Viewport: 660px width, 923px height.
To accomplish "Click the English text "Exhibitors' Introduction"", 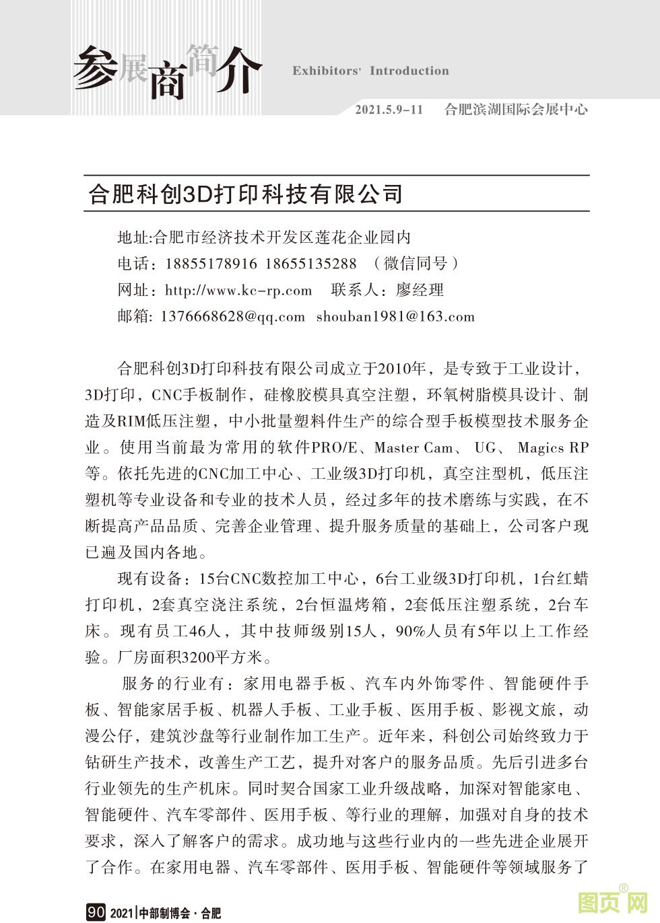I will pyautogui.click(x=370, y=71).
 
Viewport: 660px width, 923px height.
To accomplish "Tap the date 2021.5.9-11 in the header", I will pyautogui.click(x=389, y=109).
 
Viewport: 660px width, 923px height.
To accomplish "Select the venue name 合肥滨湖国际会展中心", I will pyautogui.click(x=516, y=109).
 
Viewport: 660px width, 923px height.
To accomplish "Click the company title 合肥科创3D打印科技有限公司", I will pyautogui.click(x=246, y=194).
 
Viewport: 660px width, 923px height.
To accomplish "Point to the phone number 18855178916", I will pyautogui.click(x=211, y=264).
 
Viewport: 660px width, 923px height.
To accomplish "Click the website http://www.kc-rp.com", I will pyautogui.click(x=238, y=291).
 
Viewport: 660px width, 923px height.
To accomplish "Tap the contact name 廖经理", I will pyautogui.click(x=420, y=291).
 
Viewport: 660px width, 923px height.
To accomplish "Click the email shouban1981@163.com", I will pyautogui.click(x=395, y=317).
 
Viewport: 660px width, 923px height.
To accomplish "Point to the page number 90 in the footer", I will pyautogui.click(x=96, y=913).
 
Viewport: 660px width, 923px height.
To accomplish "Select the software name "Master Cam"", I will pyautogui.click(x=414, y=447).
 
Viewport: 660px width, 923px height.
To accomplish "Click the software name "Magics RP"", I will pyautogui.click(x=553, y=447).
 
